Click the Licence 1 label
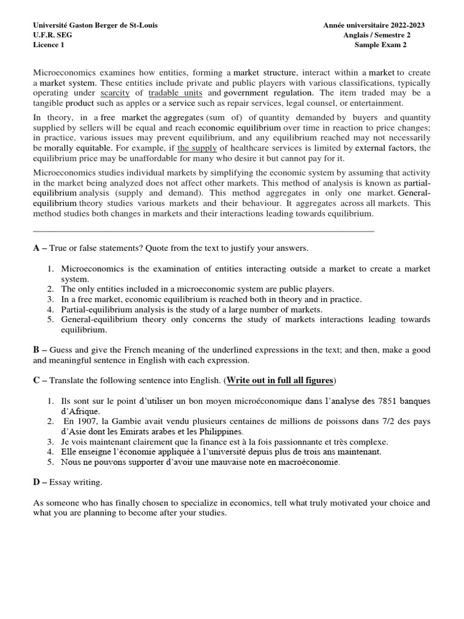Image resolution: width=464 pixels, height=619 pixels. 48,44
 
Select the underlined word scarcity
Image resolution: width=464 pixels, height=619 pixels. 115,93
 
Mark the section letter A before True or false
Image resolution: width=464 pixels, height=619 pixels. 36,248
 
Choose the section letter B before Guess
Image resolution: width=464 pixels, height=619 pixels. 36,350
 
